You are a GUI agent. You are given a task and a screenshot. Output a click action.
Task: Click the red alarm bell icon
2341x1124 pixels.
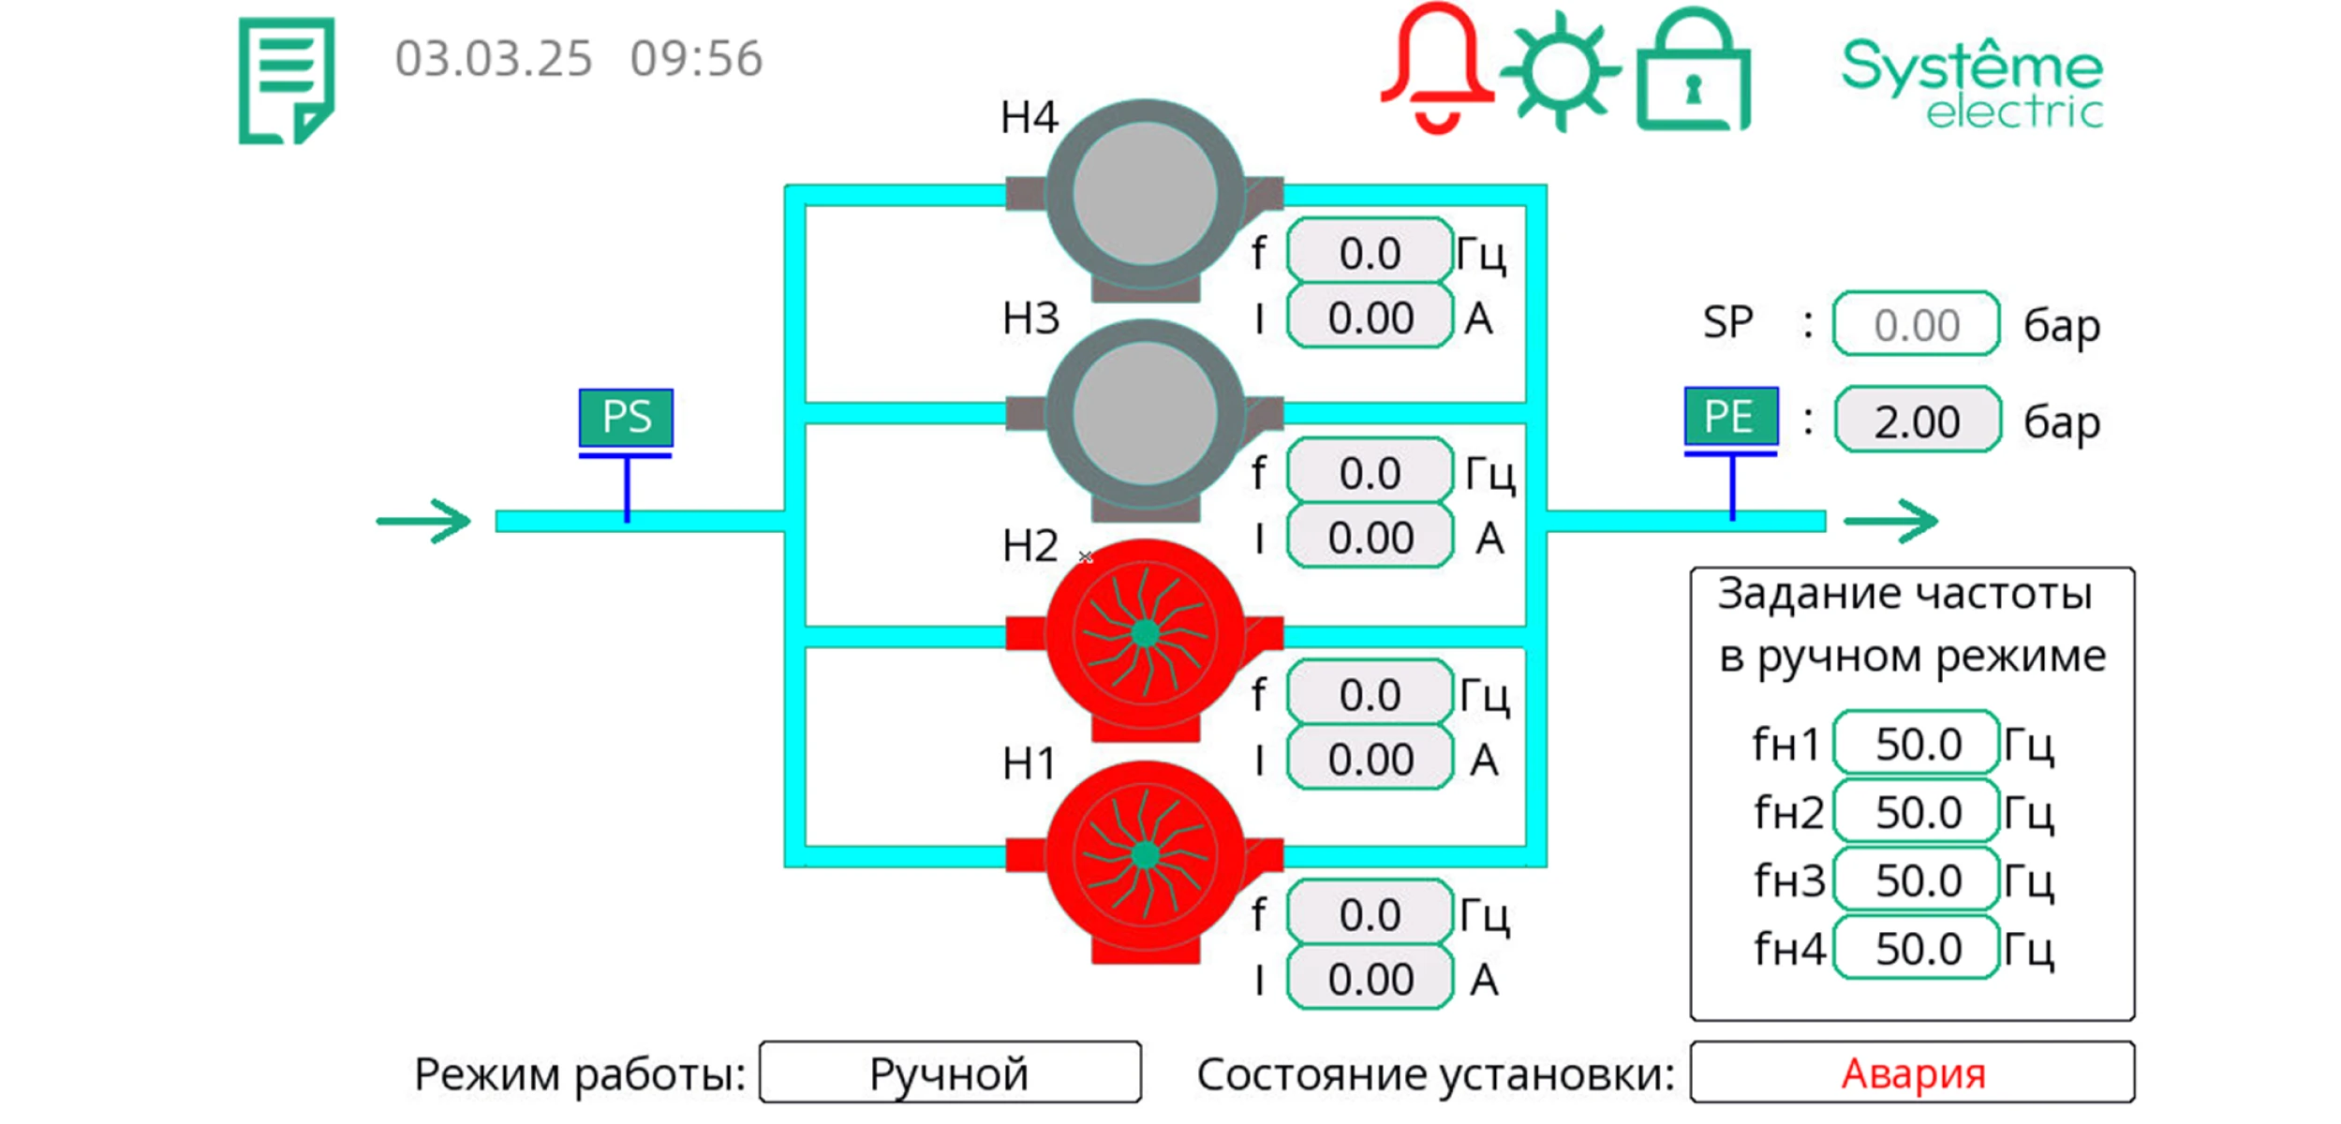(x=1435, y=67)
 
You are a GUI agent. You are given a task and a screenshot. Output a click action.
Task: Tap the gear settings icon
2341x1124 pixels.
(x=1559, y=70)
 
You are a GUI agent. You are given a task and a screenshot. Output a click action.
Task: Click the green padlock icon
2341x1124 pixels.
(x=1692, y=73)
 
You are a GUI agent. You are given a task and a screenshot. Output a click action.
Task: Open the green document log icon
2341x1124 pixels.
(x=287, y=81)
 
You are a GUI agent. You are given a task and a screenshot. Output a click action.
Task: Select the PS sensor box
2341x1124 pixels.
(x=626, y=417)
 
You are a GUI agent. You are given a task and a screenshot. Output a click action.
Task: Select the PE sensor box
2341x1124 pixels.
(x=1729, y=416)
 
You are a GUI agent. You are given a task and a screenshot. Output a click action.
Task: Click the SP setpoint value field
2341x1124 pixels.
(x=1916, y=325)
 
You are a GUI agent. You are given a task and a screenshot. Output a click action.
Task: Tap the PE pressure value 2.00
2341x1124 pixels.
(x=1917, y=421)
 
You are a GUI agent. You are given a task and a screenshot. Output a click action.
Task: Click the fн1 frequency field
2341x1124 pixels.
(x=1917, y=745)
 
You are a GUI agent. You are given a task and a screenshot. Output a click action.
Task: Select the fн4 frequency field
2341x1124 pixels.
(x=1917, y=949)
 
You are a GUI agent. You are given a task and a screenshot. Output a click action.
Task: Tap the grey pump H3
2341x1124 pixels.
(x=1145, y=414)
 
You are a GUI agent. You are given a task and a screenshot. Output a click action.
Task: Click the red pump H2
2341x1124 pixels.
(x=1145, y=635)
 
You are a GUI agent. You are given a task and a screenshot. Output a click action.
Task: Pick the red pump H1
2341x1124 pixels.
(x=1145, y=855)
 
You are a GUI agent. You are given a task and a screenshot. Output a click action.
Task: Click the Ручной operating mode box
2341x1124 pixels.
(x=949, y=1073)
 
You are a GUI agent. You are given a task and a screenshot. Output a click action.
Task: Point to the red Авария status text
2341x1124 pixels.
(x=1913, y=1073)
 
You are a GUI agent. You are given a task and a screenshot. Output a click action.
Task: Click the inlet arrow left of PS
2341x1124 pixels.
(x=423, y=521)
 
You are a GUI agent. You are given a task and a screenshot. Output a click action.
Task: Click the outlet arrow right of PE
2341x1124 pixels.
(x=1890, y=521)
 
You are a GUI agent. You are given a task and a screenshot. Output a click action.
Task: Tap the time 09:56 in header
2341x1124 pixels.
(x=696, y=59)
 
